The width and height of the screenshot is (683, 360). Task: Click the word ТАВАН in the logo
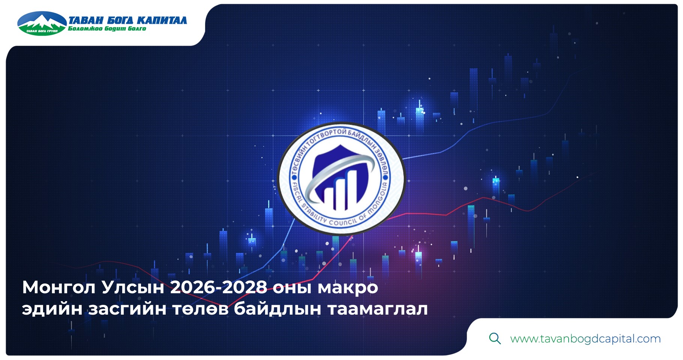click(86, 20)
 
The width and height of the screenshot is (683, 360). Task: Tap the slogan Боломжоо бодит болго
click(107, 29)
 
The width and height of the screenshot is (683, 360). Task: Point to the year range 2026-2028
click(219, 287)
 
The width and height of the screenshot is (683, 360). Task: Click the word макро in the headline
click(347, 288)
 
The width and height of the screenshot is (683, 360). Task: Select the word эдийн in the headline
click(52, 309)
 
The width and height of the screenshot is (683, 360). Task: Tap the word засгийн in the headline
click(127, 309)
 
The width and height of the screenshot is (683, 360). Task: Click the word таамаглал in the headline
click(377, 309)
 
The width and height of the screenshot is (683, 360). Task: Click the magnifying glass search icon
click(495, 338)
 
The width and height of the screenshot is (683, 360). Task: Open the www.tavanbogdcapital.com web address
click(585, 339)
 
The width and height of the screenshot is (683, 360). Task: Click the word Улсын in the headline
click(133, 288)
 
